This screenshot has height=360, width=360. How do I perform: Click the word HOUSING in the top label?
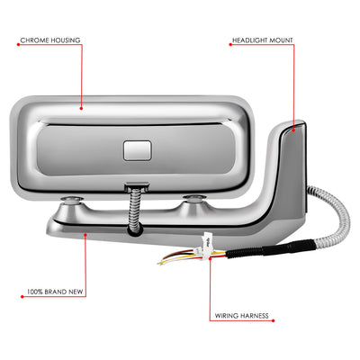tap(66, 40)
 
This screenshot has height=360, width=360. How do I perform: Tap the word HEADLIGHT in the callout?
tap(249, 40)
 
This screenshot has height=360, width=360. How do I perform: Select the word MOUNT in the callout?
tap(281, 40)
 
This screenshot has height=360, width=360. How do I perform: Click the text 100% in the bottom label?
tap(35, 292)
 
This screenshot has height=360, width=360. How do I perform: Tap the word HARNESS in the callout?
tap(254, 316)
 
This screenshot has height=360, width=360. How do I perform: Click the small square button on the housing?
tap(137, 150)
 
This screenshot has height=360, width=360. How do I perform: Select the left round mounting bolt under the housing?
tap(72, 199)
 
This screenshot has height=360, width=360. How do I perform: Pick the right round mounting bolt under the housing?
tap(195, 198)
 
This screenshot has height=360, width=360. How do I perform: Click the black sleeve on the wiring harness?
tap(270, 249)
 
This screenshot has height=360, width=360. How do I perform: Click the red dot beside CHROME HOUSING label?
tap(18, 44)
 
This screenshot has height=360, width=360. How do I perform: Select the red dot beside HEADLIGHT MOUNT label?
tap(230, 44)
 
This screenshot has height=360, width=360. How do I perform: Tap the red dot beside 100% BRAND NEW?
tap(22, 297)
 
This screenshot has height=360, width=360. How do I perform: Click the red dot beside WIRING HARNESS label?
tap(273, 320)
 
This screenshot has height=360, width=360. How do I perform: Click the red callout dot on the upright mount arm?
tap(293, 130)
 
